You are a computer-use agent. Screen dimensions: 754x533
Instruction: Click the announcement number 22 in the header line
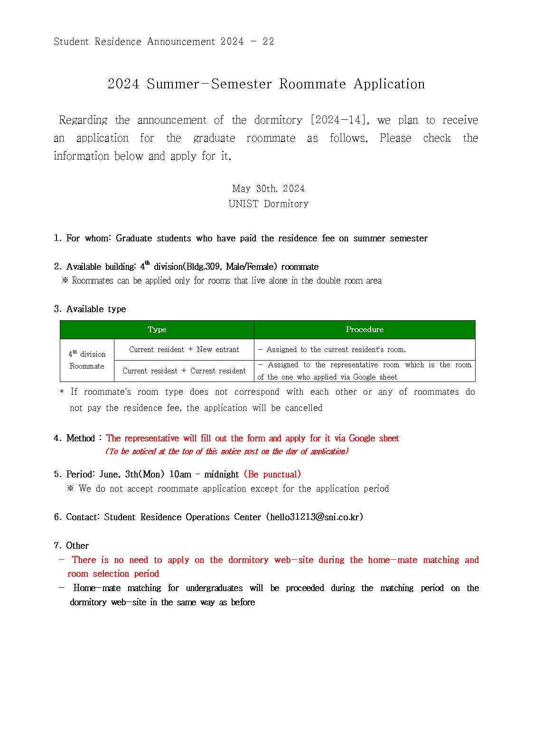pyautogui.click(x=268, y=41)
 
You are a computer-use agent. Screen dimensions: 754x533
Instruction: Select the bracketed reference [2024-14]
pyautogui.click(x=339, y=120)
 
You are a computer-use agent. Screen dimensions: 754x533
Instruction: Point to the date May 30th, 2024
pyautogui.click(x=268, y=189)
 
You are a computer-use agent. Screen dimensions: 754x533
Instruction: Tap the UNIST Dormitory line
pyautogui.click(x=268, y=204)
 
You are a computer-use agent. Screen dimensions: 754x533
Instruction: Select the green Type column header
pyautogui.click(x=157, y=329)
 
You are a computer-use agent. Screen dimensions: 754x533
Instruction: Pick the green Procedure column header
pyautogui.click(x=365, y=329)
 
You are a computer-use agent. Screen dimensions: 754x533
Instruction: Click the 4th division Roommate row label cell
pyautogui.click(x=87, y=360)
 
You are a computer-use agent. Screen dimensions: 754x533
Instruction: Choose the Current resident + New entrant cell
pyautogui.click(x=184, y=349)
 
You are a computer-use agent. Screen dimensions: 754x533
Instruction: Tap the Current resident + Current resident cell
pyautogui.click(x=184, y=371)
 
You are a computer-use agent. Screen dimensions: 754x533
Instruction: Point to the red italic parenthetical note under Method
pyautogui.click(x=227, y=451)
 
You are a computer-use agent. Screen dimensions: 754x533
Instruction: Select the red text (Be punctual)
pyautogui.click(x=272, y=474)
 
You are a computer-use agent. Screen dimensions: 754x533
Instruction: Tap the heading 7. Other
pyautogui.click(x=71, y=545)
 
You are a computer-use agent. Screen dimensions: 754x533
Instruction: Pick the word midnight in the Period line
pyautogui.click(x=222, y=474)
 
